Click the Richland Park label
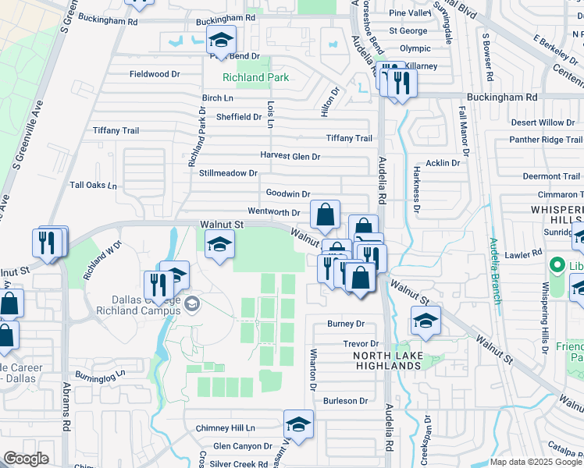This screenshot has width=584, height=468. [255, 77]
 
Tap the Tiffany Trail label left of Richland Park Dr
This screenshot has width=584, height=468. [116, 131]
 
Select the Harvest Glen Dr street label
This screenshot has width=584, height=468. [290, 156]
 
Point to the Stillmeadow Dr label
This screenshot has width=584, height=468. [228, 172]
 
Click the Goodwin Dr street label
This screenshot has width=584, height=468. [288, 193]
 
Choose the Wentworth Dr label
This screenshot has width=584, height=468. [273, 211]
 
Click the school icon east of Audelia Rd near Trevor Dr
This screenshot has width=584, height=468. [426, 320]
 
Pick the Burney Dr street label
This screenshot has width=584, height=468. [346, 324]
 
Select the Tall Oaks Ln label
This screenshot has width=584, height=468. [93, 186]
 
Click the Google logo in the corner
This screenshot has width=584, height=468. [26, 459]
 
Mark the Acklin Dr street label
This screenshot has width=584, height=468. [442, 163]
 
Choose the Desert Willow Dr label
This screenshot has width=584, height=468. [543, 122]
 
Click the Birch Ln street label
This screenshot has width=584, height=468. [218, 98]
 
